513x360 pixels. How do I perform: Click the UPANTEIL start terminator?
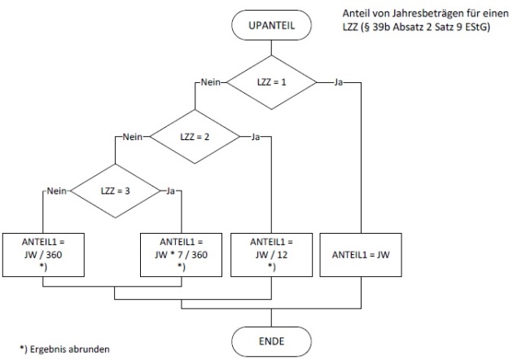[x=271, y=26]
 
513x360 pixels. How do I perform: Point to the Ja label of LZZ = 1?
[x=337, y=82]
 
